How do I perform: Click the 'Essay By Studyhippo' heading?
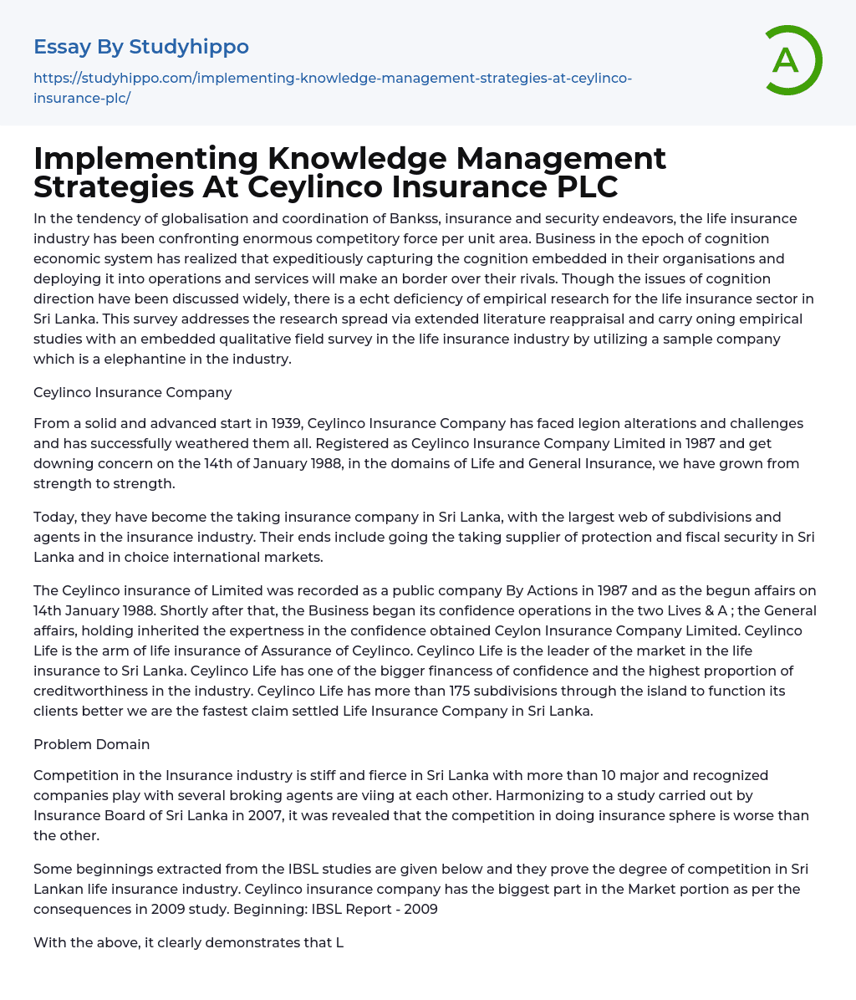(141, 47)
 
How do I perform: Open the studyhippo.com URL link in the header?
(332, 87)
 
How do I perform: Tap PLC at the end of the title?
(583, 186)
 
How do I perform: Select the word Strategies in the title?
(112, 186)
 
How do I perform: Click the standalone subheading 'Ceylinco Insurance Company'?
(133, 392)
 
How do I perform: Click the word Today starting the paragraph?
(54, 517)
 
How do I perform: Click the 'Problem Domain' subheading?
(92, 744)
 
